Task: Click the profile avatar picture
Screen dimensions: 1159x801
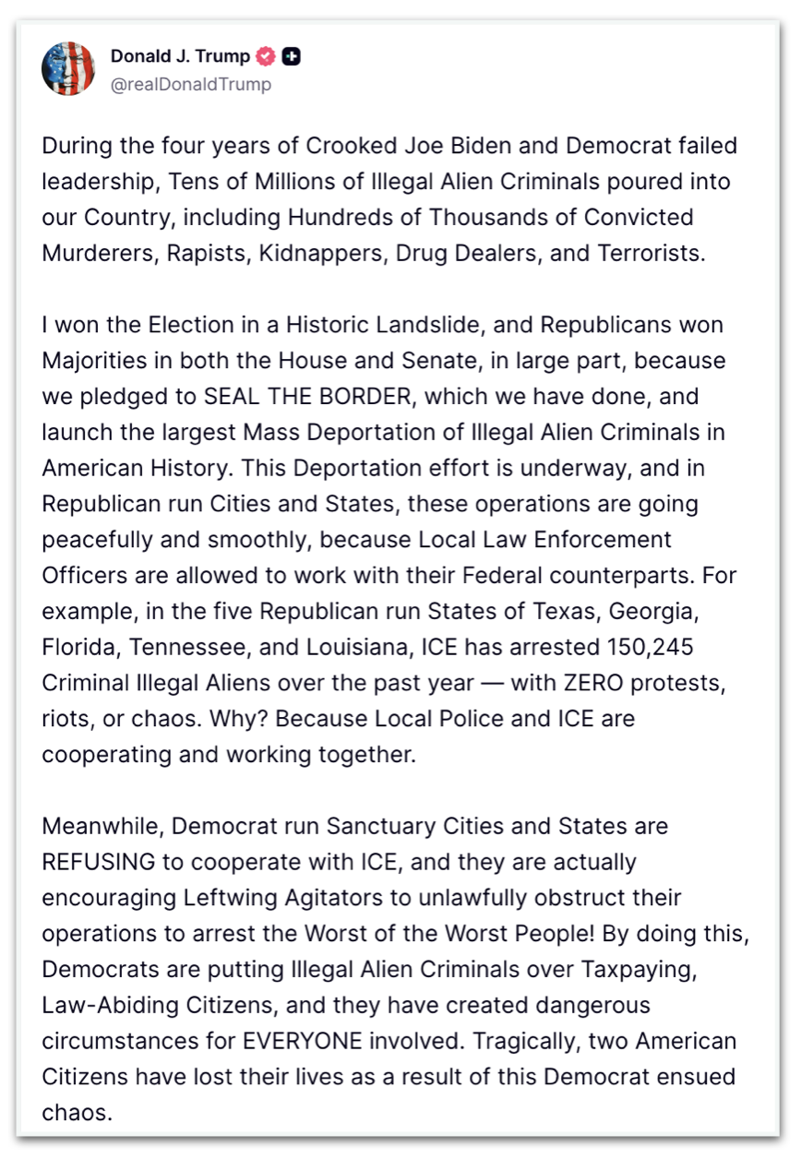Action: (68, 68)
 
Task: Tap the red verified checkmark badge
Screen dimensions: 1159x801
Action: (266, 56)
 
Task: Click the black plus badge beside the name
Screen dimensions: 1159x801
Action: (291, 56)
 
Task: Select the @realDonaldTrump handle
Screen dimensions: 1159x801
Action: (191, 84)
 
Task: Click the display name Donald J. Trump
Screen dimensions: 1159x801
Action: (180, 56)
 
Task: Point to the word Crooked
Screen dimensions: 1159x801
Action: (339, 146)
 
